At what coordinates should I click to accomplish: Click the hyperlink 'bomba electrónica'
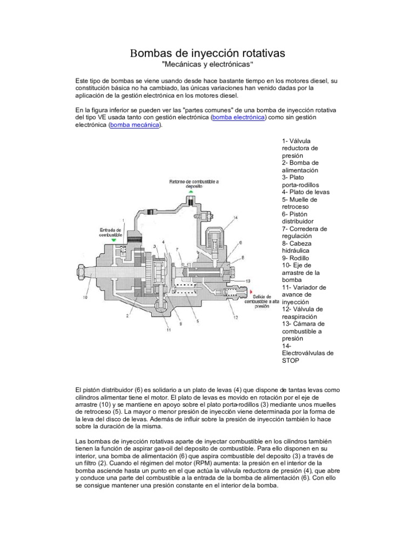[x=238, y=117]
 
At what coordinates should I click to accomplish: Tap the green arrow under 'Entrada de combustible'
[x=113, y=240]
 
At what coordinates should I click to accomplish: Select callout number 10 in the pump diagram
[x=84, y=296]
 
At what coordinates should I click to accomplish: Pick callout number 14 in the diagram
[x=236, y=217]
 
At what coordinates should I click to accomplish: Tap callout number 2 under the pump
[x=126, y=315]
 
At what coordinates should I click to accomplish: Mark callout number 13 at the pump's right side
[x=248, y=281]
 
